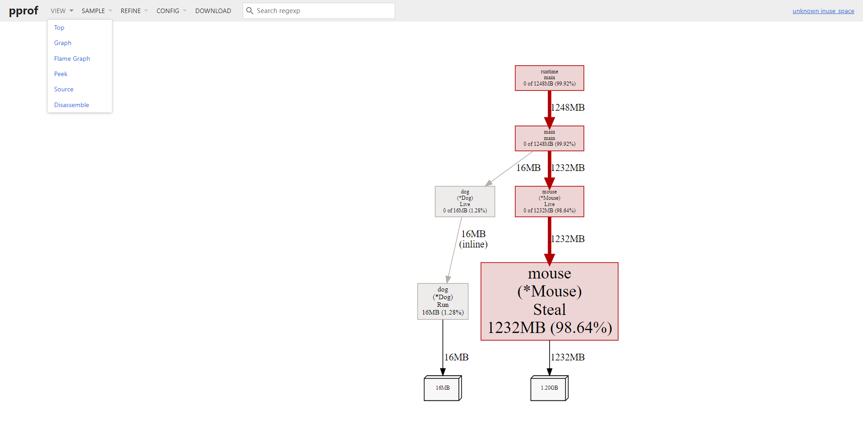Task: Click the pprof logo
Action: click(x=23, y=11)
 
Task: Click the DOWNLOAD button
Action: click(x=213, y=11)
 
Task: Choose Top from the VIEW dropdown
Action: click(x=59, y=27)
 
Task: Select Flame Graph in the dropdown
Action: click(x=72, y=58)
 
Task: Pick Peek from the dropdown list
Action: click(x=61, y=74)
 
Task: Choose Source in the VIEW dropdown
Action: click(x=64, y=89)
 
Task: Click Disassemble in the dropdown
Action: click(x=71, y=105)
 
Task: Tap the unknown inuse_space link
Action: click(x=823, y=11)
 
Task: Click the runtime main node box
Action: click(x=549, y=78)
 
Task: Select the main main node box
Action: click(x=549, y=138)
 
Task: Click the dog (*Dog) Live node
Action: click(x=465, y=201)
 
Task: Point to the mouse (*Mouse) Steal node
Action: click(x=549, y=301)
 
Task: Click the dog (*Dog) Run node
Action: click(x=443, y=301)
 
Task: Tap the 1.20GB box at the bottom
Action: click(x=549, y=388)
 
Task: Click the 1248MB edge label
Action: click(x=568, y=108)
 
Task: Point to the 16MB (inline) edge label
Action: click(x=473, y=239)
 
